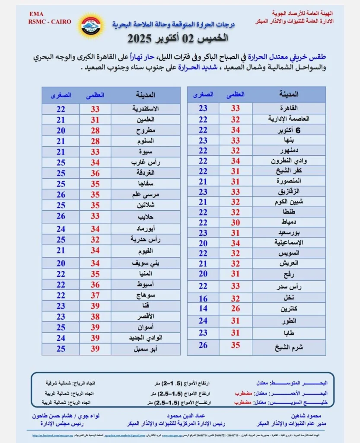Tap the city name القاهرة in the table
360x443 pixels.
pyautogui.click(x=289, y=108)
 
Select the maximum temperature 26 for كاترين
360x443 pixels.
pyautogui.click(x=235, y=308)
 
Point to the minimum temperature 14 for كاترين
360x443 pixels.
pyautogui.click(x=203, y=308)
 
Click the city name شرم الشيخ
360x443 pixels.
pyautogui.click(x=289, y=346)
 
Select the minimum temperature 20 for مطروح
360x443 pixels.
pyautogui.click(x=61, y=130)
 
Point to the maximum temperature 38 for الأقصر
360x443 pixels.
pyautogui.click(x=95, y=317)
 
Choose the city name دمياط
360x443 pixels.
pyautogui.click(x=289, y=222)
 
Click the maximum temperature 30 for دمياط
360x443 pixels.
pyautogui.click(x=235, y=222)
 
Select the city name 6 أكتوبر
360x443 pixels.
pyautogui.click(x=289, y=130)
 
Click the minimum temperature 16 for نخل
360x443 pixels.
pyautogui.click(x=203, y=299)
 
